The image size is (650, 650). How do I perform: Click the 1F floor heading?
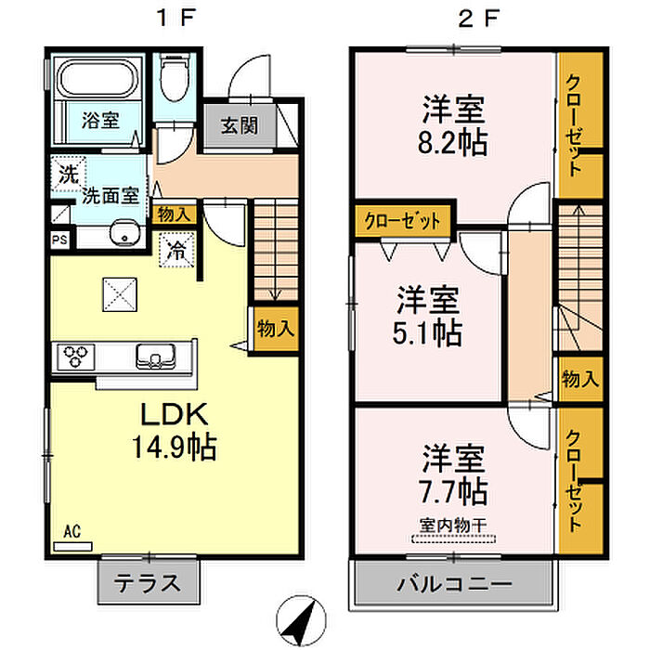(175, 19)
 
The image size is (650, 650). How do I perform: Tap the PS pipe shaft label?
(59, 237)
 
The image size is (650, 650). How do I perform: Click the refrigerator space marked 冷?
(175, 249)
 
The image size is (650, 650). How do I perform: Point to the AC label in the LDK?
(71, 531)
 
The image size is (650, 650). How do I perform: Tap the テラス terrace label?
(147, 584)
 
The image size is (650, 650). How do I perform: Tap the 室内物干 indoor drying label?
(454, 526)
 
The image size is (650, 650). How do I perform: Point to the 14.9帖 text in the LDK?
(176, 448)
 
